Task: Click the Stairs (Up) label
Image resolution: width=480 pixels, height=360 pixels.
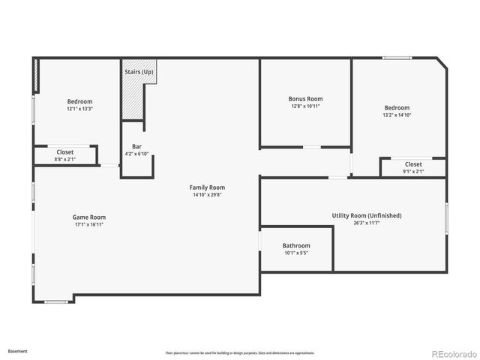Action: click(x=138, y=72)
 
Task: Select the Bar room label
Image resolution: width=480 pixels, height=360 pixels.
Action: click(x=137, y=146)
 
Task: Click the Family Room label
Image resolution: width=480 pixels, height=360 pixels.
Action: click(x=207, y=187)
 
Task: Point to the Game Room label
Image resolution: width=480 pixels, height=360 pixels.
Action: click(x=88, y=217)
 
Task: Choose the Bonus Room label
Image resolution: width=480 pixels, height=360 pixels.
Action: click(x=305, y=99)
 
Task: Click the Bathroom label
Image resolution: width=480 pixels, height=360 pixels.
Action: click(x=296, y=246)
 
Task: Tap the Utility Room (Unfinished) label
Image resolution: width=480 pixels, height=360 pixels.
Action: click(x=367, y=215)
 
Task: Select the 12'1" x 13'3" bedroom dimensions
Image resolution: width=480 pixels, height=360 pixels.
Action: click(x=79, y=109)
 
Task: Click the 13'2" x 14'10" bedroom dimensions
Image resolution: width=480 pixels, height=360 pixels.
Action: click(x=397, y=115)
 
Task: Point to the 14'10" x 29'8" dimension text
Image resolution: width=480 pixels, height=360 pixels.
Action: click(x=207, y=195)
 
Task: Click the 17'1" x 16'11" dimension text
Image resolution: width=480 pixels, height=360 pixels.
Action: click(x=88, y=224)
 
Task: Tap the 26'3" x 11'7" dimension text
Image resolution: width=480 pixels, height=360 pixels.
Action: click(x=367, y=223)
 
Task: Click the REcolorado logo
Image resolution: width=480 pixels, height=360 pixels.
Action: click(x=450, y=352)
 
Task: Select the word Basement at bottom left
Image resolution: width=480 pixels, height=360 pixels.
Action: click(x=17, y=350)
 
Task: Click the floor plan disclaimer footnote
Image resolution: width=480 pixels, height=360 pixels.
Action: click(x=239, y=352)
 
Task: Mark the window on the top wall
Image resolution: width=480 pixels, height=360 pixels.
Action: click(x=397, y=58)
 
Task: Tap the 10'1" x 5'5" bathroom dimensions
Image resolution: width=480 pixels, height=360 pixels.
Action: click(x=296, y=253)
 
